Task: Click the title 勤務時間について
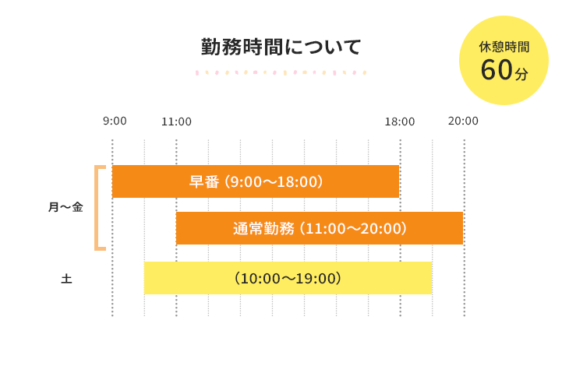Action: click(281, 47)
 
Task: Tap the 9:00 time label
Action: click(115, 121)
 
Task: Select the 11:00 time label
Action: click(176, 121)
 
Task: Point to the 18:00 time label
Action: click(399, 121)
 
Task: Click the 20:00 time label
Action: click(463, 121)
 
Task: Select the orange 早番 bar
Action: click(256, 181)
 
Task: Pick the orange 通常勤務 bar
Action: click(320, 228)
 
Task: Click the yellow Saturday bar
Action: click(288, 278)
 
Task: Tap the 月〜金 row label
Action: click(65, 207)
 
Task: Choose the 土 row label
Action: click(66, 278)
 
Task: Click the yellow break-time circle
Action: click(504, 60)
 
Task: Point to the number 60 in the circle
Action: click(496, 70)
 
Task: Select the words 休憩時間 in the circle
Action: click(504, 47)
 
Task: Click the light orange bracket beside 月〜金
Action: click(98, 207)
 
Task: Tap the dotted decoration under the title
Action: click(281, 72)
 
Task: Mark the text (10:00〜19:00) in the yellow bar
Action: click(288, 278)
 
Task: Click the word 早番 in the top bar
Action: click(204, 181)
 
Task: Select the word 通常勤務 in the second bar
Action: click(263, 228)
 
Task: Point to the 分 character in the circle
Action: click(521, 74)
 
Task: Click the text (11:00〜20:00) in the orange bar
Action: click(355, 228)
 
